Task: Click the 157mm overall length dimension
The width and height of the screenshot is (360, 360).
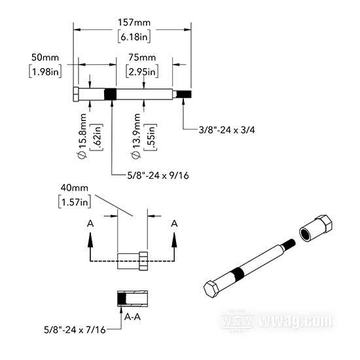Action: tap(134, 23)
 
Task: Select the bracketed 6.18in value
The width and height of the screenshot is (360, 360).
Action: tap(134, 37)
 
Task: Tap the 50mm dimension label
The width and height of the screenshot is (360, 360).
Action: tap(45, 58)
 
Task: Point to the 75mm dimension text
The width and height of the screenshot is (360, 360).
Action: tap(142, 58)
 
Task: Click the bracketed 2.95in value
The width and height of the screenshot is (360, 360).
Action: tap(142, 71)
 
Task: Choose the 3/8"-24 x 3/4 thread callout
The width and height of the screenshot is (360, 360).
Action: tap(227, 130)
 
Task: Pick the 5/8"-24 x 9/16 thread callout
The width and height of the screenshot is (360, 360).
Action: tap(158, 175)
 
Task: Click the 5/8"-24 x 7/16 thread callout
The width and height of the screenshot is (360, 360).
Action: tap(75, 330)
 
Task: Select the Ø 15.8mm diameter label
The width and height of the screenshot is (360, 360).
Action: tap(82, 136)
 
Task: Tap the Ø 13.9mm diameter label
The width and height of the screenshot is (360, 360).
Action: tap(136, 136)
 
